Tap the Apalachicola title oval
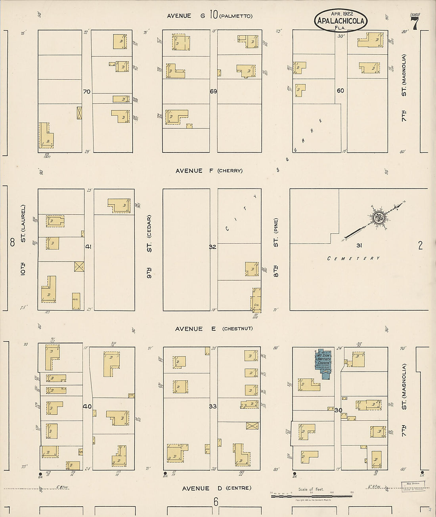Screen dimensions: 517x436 point(341,21)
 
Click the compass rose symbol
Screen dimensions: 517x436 point(379,217)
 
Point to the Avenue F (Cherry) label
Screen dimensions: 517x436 point(209,171)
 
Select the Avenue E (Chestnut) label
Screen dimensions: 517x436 point(214,329)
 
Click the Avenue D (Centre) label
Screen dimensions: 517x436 point(216,488)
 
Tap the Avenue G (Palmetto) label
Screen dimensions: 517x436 point(209,16)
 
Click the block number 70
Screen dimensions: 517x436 point(86,92)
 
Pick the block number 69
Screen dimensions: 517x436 point(213,92)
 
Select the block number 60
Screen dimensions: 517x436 point(340,91)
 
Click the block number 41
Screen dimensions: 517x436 point(88,246)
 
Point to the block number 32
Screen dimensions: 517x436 point(213,247)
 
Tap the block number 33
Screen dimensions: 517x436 point(213,406)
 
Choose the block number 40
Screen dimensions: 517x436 point(87,406)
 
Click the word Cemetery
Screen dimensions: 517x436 point(354,258)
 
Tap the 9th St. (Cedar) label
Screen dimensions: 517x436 point(149,246)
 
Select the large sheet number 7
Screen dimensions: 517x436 point(415,24)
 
